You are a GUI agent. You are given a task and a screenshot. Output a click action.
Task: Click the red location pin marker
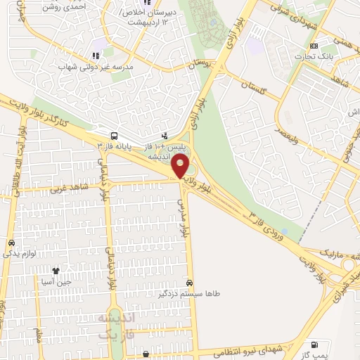coord(181,167)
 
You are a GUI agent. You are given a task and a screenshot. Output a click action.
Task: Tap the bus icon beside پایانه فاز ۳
coord(114,136)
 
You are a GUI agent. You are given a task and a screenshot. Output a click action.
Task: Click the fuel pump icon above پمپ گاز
coord(314,345)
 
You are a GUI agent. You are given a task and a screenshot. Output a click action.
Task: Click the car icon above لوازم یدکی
coord(11,243)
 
